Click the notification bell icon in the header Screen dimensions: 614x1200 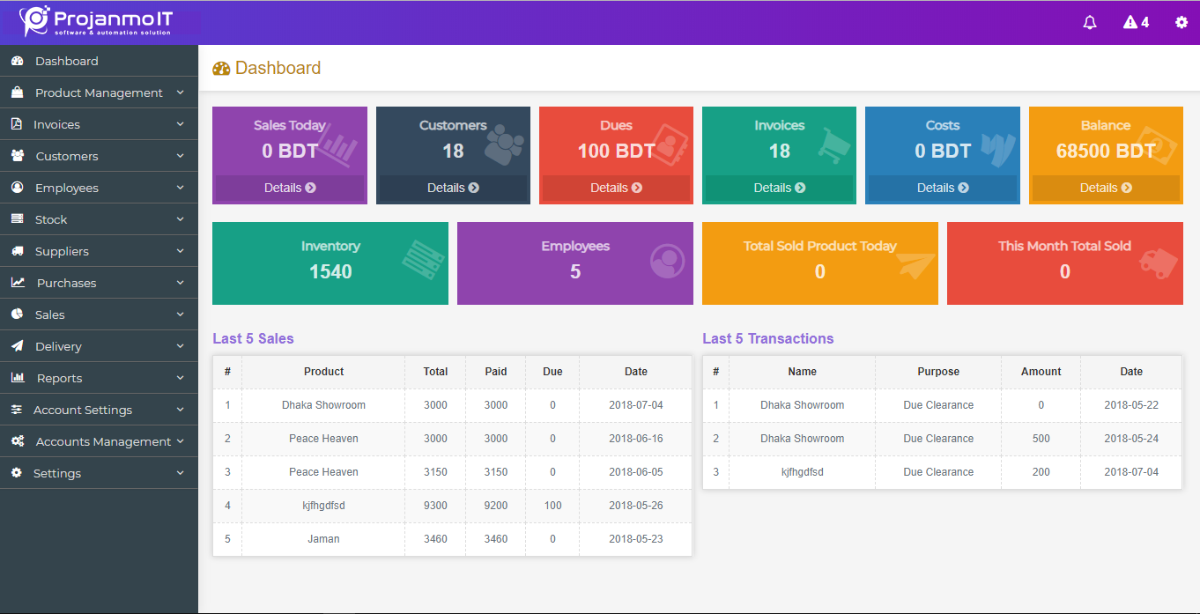[1090, 23]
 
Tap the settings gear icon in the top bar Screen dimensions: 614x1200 [1181, 22]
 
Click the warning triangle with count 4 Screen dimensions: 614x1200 [1136, 22]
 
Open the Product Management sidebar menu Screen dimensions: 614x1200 [99, 92]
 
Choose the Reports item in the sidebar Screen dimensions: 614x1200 [59, 378]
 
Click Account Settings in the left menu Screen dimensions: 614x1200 [83, 410]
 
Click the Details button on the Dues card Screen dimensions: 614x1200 [616, 188]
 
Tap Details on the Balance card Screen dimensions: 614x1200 [1105, 188]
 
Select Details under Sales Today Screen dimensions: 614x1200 [290, 188]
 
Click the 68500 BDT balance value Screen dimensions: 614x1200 [1105, 151]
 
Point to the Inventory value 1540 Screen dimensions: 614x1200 [330, 271]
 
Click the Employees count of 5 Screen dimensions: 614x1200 [575, 271]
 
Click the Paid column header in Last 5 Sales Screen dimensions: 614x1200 [496, 372]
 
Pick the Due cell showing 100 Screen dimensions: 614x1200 [552, 506]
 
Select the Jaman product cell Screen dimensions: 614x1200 [323, 539]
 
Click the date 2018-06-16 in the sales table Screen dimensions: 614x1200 [635, 439]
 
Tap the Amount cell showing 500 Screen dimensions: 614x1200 [1041, 439]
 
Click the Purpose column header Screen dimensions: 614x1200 [938, 372]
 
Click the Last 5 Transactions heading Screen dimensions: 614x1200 [767, 338]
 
